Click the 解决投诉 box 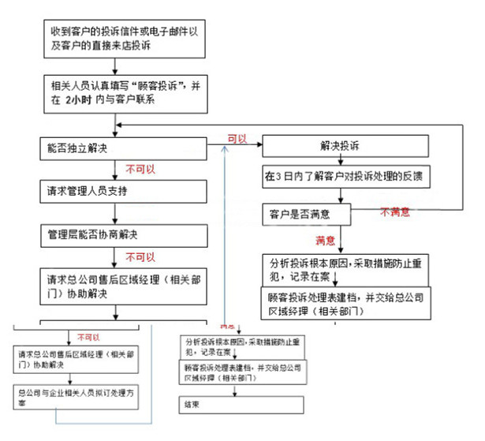[x=346, y=147]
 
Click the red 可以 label [x=237, y=138]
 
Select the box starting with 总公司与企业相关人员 [x=77, y=396]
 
